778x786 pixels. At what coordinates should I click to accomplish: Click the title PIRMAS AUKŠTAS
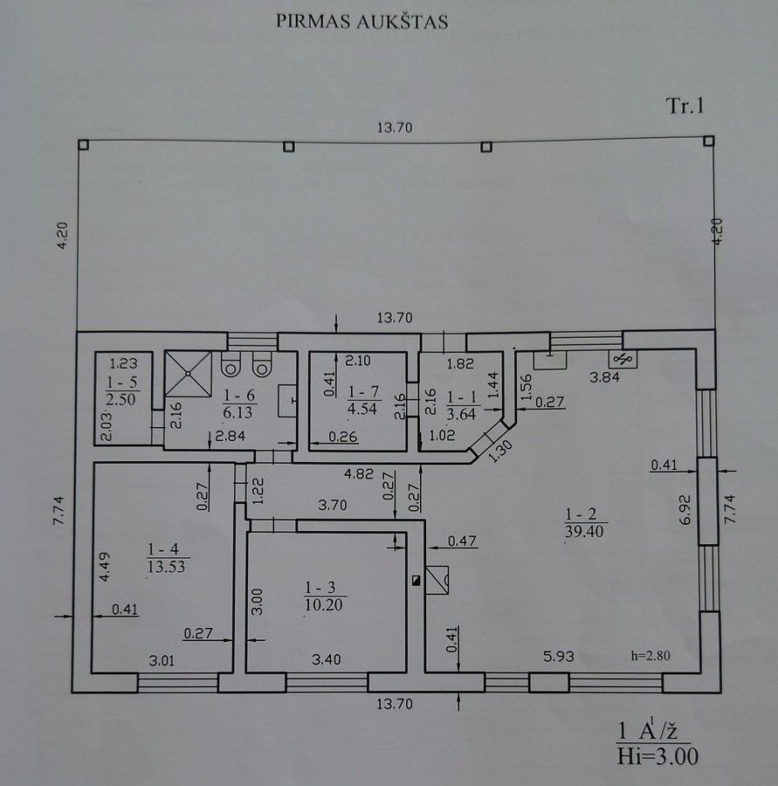click(x=361, y=22)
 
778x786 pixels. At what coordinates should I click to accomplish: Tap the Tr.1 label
click(x=685, y=106)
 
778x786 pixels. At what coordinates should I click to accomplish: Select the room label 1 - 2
click(x=581, y=514)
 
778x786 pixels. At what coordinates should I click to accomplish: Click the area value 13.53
click(x=167, y=567)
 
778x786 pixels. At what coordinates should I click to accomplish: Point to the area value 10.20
click(x=324, y=605)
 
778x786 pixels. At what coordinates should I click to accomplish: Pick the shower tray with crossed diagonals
click(x=188, y=374)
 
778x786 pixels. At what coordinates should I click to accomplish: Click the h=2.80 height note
click(x=651, y=656)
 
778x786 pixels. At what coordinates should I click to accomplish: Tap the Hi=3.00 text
click(x=658, y=756)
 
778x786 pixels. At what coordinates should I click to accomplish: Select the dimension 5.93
click(x=558, y=656)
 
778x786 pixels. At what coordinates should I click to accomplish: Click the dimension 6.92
click(x=685, y=510)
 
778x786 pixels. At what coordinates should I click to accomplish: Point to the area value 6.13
click(x=238, y=412)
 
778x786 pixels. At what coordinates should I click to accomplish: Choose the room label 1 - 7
click(x=363, y=391)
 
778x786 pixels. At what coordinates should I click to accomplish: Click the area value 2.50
click(x=120, y=399)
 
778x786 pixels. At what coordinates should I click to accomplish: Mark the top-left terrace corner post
click(x=83, y=145)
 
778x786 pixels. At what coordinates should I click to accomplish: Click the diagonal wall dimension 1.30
click(x=492, y=452)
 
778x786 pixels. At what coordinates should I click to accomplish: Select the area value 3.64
click(x=461, y=415)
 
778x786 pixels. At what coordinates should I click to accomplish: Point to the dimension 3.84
click(x=604, y=377)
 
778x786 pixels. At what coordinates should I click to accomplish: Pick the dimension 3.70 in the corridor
click(x=333, y=505)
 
